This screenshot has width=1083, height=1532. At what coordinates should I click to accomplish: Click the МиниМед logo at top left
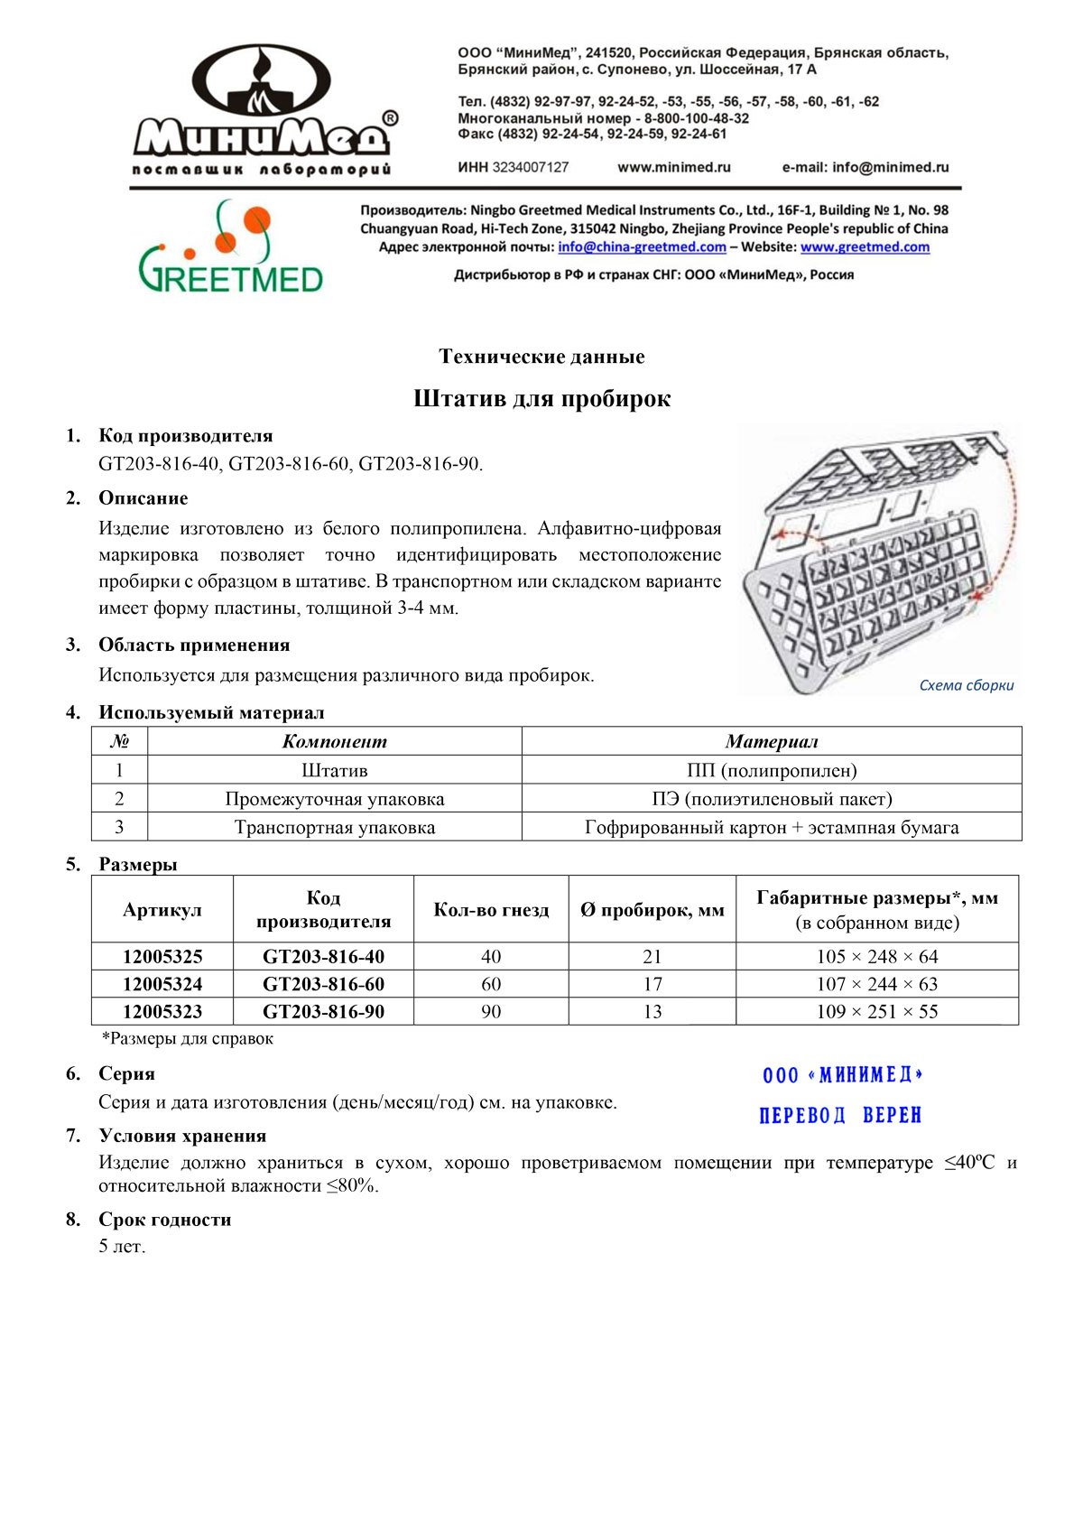[262, 108]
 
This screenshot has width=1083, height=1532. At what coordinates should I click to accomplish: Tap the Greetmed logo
[231, 248]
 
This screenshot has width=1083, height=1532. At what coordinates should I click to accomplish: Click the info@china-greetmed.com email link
[642, 247]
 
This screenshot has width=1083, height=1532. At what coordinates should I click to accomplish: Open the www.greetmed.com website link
[865, 247]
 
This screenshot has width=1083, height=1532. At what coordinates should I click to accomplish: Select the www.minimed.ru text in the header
[673, 167]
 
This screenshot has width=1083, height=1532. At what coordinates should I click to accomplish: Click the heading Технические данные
[541, 357]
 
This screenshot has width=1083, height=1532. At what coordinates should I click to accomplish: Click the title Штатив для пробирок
[541, 399]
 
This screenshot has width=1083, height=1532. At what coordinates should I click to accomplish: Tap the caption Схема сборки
[966, 685]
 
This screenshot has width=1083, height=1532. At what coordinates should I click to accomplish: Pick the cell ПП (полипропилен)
[772, 770]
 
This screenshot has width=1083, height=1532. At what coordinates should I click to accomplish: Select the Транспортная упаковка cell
[335, 827]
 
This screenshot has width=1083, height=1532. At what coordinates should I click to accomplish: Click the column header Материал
[772, 741]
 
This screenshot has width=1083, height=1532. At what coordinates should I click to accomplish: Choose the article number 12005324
[162, 984]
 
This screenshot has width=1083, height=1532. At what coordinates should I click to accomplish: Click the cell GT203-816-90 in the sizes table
[323, 1011]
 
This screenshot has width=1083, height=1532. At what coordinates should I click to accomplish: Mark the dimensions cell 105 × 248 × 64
[877, 956]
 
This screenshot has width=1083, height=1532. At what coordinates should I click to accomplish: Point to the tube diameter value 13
[653, 1011]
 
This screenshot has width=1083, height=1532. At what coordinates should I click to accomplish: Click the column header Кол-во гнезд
[491, 910]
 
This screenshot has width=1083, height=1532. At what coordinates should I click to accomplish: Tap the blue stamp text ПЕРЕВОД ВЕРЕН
[840, 1116]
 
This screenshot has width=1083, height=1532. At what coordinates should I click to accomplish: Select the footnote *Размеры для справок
[188, 1038]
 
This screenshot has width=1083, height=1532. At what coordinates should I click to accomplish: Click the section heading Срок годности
[165, 1220]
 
